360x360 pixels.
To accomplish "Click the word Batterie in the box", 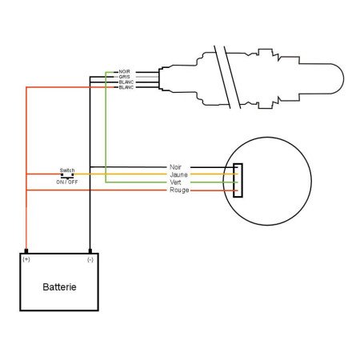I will pos(60,286).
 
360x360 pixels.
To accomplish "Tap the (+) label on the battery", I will pos(27,260).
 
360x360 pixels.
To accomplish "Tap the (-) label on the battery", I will pos(90,260).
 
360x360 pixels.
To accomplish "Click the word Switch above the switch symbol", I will pos(66,170).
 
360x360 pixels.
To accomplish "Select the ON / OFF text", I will pos(66,182).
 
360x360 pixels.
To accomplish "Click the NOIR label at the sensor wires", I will pos(124,72).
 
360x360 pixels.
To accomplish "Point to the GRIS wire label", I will pos(124,77).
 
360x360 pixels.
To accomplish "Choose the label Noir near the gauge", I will pos(176,167).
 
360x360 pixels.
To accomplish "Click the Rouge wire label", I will pos(178,190).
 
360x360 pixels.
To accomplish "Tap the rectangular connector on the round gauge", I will pos(238,182).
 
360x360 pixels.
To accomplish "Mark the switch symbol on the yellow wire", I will pos(66,175).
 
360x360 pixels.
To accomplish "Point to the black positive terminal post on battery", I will pos(27,250).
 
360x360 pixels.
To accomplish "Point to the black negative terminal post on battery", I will pos(90,250).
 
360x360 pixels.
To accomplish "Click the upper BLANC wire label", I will pos(125,82).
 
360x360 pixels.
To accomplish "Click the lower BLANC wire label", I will pos(125,86).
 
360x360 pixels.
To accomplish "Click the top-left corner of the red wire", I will pos(27,88).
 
